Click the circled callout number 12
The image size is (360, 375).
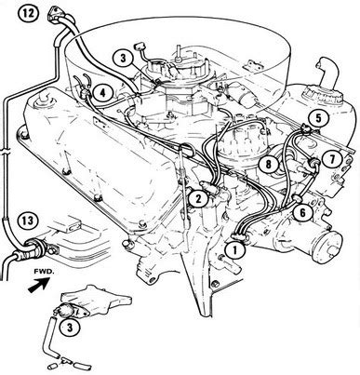click(x=28, y=15)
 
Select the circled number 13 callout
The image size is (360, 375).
click(x=28, y=221)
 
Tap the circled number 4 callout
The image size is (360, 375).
click(x=103, y=93)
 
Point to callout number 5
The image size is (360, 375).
click(x=319, y=117)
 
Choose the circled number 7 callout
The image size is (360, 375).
click(x=332, y=159)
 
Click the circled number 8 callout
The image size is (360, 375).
click(x=268, y=164)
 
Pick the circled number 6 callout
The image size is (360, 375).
click(x=302, y=212)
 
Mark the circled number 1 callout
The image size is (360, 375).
click(x=234, y=250)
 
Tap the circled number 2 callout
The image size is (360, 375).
click(x=198, y=198)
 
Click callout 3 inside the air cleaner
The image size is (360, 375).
click(x=123, y=59)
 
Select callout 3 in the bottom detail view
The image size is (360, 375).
click(x=70, y=328)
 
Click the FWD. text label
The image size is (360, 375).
click(x=45, y=273)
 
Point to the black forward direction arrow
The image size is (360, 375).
click(x=39, y=285)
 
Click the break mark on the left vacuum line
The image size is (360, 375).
click(x=6, y=153)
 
